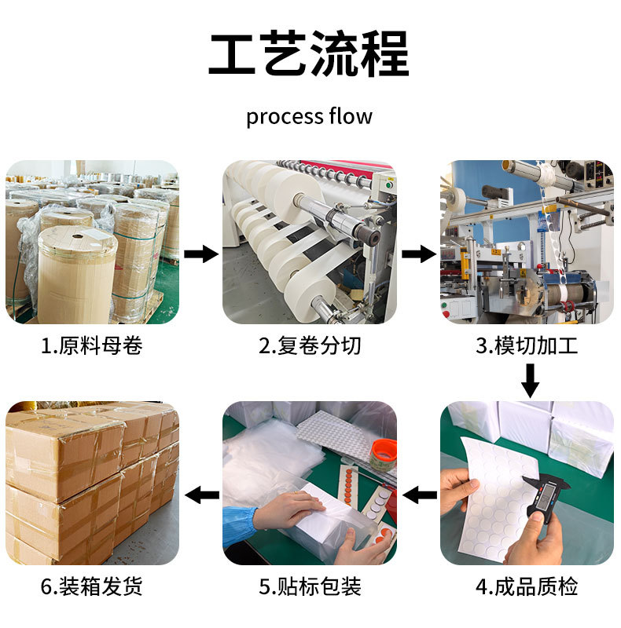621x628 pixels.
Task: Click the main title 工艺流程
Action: pyautogui.click(x=309, y=53)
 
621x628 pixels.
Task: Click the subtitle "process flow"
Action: pyautogui.click(x=309, y=117)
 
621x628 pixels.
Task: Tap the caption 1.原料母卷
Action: pyautogui.click(x=91, y=345)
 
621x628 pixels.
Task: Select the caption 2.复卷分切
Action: pyautogui.click(x=309, y=345)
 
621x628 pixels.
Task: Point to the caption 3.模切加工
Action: pyautogui.click(x=527, y=345)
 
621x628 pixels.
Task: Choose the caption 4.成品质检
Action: pyautogui.click(x=527, y=586)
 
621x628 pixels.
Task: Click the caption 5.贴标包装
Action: pyautogui.click(x=309, y=586)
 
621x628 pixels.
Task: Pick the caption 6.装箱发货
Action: pyautogui.click(x=91, y=586)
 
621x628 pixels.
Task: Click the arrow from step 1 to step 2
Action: pyautogui.click(x=201, y=254)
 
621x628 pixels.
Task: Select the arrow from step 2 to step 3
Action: pyautogui.click(x=419, y=254)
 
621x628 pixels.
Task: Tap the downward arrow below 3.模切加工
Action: pyautogui.click(x=530, y=381)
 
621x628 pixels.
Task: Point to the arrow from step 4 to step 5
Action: pyautogui.click(x=420, y=495)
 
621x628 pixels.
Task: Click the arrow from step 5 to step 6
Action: pyautogui.click(x=202, y=495)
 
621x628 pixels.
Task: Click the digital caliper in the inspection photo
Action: pyautogui.click(x=545, y=497)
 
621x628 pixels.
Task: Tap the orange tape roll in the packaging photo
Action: pyautogui.click(x=383, y=454)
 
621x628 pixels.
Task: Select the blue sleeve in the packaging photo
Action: pyautogui.click(x=239, y=524)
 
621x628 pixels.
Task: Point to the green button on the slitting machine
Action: pyautogui.click(x=388, y=185)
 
